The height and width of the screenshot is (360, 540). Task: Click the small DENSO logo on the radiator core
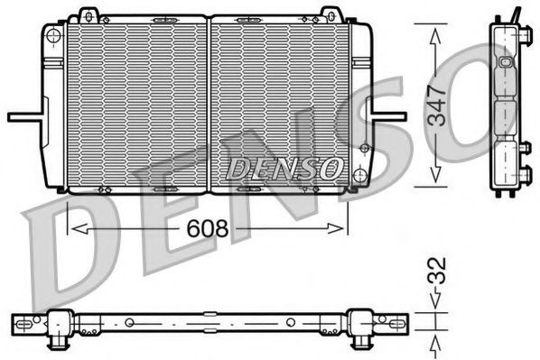coord(283,166)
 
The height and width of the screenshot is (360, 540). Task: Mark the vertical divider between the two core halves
coord(209,104)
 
